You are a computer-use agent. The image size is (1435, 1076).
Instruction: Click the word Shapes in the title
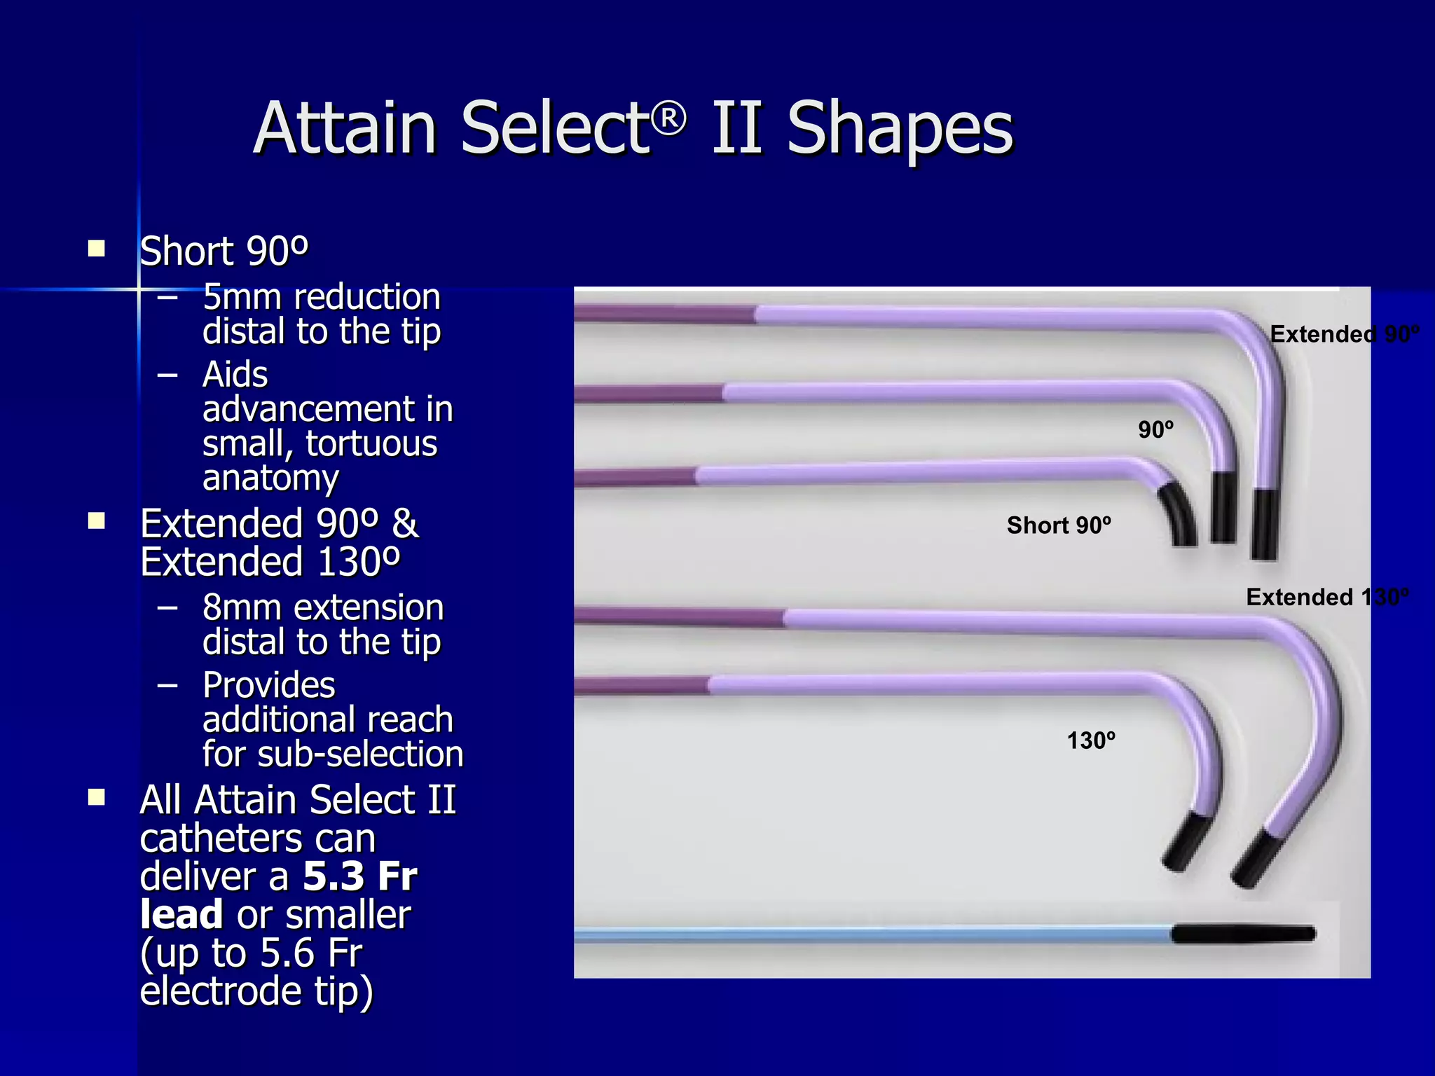(900, 128)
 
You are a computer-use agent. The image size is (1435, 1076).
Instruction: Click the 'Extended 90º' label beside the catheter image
(1344, 334)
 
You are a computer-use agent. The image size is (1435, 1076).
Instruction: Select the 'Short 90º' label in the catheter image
(1059, 525)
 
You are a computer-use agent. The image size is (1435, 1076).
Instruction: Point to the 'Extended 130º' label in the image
(1327, 597)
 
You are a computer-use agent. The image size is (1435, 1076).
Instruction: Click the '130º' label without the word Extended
(1091, 740)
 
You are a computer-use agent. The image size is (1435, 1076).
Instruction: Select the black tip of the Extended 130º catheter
(1258, 859)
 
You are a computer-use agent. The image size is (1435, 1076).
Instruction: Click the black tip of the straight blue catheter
(1243, 934)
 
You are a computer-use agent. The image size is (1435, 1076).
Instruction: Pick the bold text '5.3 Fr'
(360, 876)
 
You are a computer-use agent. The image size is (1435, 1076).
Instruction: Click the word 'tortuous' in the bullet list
(371, 443)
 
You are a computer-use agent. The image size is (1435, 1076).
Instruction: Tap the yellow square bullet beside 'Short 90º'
(97, 249)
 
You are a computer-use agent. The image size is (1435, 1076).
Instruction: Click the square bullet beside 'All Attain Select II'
(97, 797)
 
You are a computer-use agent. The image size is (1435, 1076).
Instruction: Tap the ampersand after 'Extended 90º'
(405, 524)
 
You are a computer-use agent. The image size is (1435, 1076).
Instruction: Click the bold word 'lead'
(181, 914)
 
